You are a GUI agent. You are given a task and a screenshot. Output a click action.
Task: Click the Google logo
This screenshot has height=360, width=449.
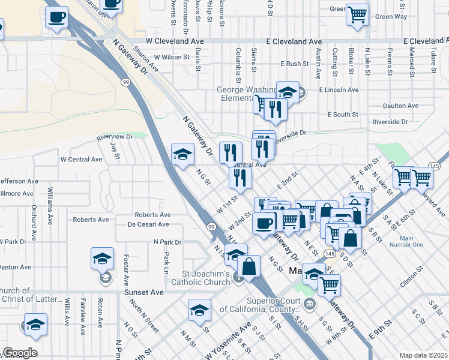20,353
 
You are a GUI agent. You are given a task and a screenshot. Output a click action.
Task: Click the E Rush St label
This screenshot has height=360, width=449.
294,63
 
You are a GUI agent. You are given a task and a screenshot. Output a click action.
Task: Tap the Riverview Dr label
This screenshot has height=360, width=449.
114,137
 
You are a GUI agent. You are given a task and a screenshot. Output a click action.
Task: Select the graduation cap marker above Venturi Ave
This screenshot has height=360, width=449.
103,260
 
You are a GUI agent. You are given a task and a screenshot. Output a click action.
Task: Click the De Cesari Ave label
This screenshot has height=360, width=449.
148,224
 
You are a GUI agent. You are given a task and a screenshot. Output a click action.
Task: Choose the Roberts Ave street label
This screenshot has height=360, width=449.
152,214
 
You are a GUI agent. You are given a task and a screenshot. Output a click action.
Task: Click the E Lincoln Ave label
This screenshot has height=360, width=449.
339,89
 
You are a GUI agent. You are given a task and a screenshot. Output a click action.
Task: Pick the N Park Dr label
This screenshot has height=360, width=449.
167,242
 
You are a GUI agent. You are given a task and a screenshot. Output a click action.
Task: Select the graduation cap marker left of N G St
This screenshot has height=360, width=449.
182,155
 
